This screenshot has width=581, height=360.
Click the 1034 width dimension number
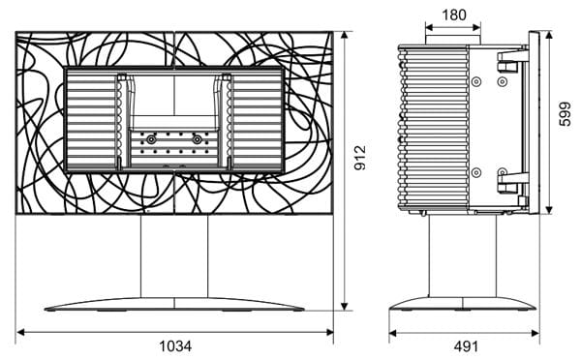coord(175,346)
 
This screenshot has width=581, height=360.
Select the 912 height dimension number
coord(360,158)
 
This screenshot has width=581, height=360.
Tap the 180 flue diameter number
coord(454,15)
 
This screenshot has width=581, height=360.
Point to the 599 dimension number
coord(566,114)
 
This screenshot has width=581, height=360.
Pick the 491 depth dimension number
coord(466,346)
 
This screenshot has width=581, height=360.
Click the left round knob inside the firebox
coord(151,139)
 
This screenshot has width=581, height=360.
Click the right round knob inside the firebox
coord(198,139)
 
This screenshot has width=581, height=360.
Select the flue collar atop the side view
coord(453,40)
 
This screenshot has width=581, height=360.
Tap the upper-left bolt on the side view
coord(476,81)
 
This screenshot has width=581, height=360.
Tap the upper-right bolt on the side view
coord(502,81)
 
